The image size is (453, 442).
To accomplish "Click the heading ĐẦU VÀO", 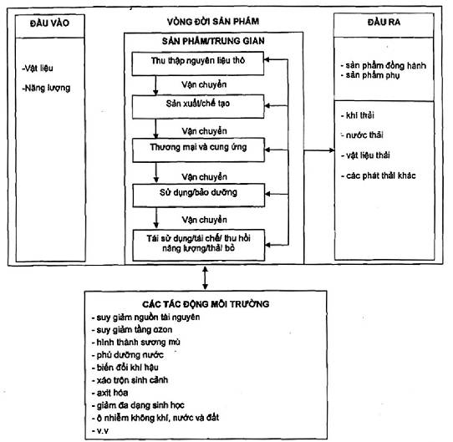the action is pyautogui.click(x=49, y=23).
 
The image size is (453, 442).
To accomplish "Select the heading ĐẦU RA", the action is pyautogui.click(x=384, y=23).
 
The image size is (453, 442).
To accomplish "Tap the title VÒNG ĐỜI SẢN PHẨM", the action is pyautogui.click(x=213, y=22).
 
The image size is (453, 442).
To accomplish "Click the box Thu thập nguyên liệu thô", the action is pyautogui.click(x=198, y=64).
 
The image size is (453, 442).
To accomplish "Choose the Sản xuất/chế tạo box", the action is pyautogui.click(x=198, y=107).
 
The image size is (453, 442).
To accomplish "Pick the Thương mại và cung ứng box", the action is pyautogui.click(x=198, y=150).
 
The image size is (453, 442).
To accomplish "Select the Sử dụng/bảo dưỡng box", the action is pyautogui.click(x=199, y=196).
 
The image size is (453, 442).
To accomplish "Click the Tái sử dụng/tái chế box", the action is pyautogui.click(x=199, y=246).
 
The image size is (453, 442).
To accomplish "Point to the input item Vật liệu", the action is pyautogui.click(x=38, y=69).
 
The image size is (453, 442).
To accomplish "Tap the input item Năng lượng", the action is pyautogui.click(x=46, y=88).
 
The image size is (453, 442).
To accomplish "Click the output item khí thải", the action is pyautogui.click(x=358, y=115).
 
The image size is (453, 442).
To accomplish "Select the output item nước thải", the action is pyautogui.click(x=362, y=135).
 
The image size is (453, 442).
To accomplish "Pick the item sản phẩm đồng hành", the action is pyautogui.click(x=384, y=65).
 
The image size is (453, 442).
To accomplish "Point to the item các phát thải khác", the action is pyautogui.click(x=379, y=175).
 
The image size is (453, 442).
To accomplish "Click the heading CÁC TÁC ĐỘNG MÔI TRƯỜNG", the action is pyautogui.click(x=206, y=304).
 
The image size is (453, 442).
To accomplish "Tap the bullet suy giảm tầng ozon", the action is pyautogui.click(x=132, y=330).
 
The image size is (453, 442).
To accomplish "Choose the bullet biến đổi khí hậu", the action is pyautogui.click(x=125, y=368).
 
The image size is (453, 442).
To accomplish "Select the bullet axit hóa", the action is pyautogui.click(x=109, y=393).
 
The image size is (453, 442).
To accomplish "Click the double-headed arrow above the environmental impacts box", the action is pyautogui.click(x=205, y=278).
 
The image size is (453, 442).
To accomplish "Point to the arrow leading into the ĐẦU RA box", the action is pyautogui.click(x=319, y=150).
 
